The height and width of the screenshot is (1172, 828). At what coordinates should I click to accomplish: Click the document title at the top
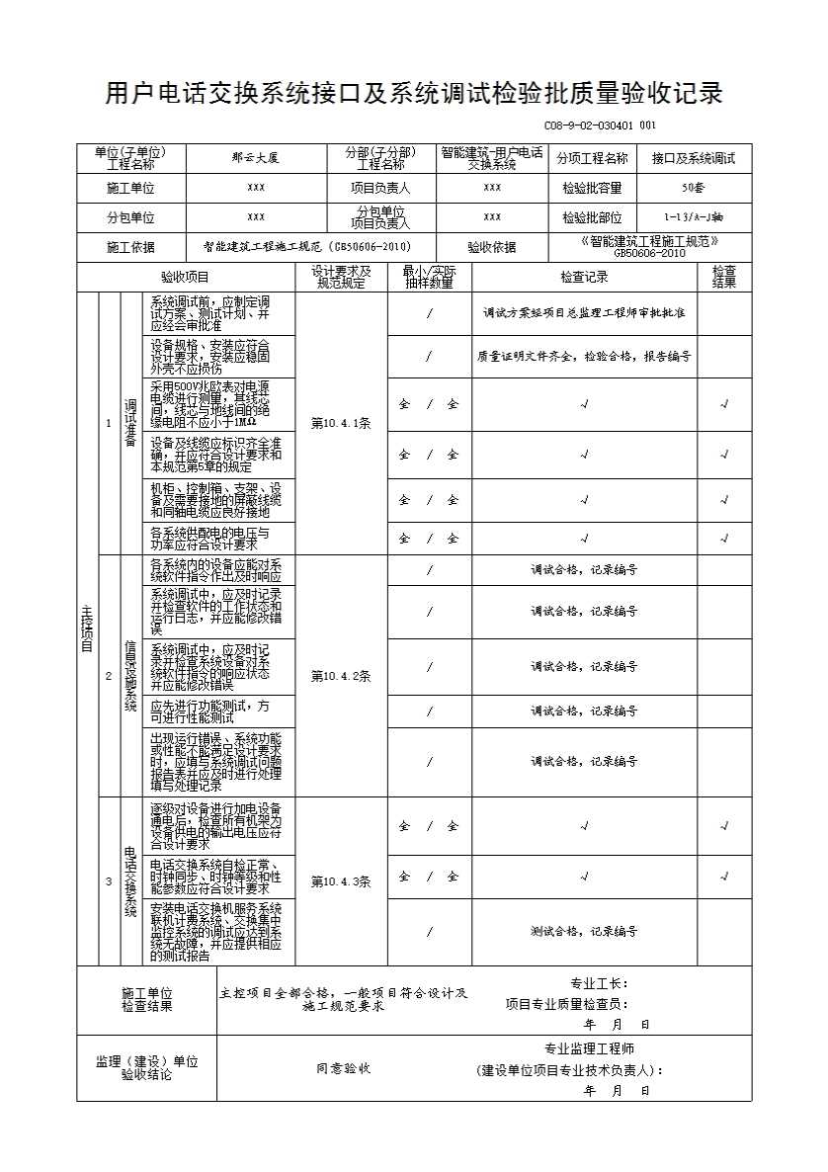coord(414,95)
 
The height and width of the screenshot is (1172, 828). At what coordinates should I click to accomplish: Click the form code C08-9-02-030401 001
coord(599,126)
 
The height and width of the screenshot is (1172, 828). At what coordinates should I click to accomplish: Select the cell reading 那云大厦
coord(256,158)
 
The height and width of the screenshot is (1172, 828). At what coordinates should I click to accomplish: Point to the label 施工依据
coord(131,247)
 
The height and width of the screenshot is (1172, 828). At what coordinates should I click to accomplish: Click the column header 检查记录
coord(584,278)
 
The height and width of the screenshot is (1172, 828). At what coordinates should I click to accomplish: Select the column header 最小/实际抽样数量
coord(429,278)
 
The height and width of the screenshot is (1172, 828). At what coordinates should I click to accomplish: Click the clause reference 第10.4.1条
coord(340,423)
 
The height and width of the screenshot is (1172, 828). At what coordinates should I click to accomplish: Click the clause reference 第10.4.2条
coord(340,677)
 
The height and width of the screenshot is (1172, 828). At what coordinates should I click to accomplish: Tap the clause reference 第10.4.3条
coord(340,881)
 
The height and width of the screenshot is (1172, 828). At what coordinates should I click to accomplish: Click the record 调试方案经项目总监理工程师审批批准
coord(584,313)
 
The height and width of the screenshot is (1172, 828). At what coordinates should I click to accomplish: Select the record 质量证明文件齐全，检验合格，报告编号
coord(584,356)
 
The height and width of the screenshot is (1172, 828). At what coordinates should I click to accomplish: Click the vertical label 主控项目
coord(87,629)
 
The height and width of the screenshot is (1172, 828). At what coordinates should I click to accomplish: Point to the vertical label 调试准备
coord(129,423)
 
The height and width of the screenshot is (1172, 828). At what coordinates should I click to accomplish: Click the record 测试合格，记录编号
coord(584,932)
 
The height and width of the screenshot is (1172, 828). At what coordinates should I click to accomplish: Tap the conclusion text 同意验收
coord(343,1068)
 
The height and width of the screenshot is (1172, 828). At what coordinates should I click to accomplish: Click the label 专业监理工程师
coord(589,1049)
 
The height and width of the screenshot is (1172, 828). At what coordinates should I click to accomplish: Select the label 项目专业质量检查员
coord(565,1004)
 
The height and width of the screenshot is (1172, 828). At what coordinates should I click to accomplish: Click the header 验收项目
coord(186,278)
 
